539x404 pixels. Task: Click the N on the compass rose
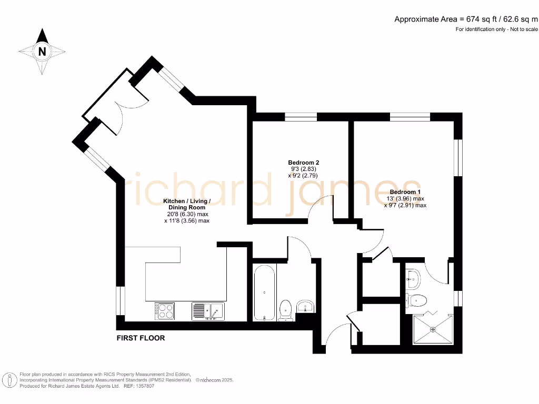pyautogui.click(x=42, y=52)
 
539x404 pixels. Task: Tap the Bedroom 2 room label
pyautogui.click(x=303, y=163)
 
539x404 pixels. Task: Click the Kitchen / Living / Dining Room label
pyautogui.click(x=187, y=205)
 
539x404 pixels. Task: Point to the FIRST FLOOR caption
pyautogui.click(x=141, y=338)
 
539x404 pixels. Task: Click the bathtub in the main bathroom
pyautogui.click(x=264, y=292)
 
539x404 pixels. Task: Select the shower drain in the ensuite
pyautogui.click(x=433, y=329)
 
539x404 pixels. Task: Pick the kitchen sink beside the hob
pyautogui.click(x=208, y=311)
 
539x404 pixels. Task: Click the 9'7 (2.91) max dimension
pyautogui.click(x=405, y=206)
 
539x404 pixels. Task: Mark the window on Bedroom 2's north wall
pyautogui.click(x=301, y=117)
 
